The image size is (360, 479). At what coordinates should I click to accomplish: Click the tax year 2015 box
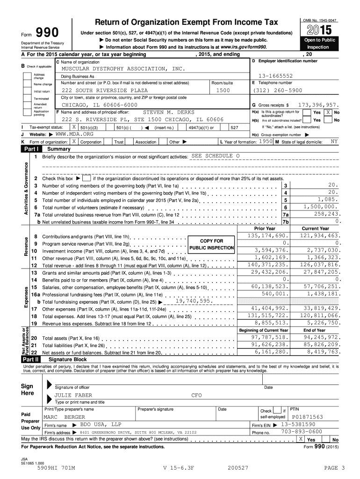(321, 30)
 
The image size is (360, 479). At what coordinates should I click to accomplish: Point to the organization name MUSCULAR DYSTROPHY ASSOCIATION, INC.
(123, 69)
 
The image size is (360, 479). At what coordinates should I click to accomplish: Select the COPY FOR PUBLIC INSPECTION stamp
(212, 244)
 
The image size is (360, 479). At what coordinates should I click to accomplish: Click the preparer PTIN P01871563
(307, 416)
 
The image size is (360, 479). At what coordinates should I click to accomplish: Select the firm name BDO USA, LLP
(101, 424)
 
